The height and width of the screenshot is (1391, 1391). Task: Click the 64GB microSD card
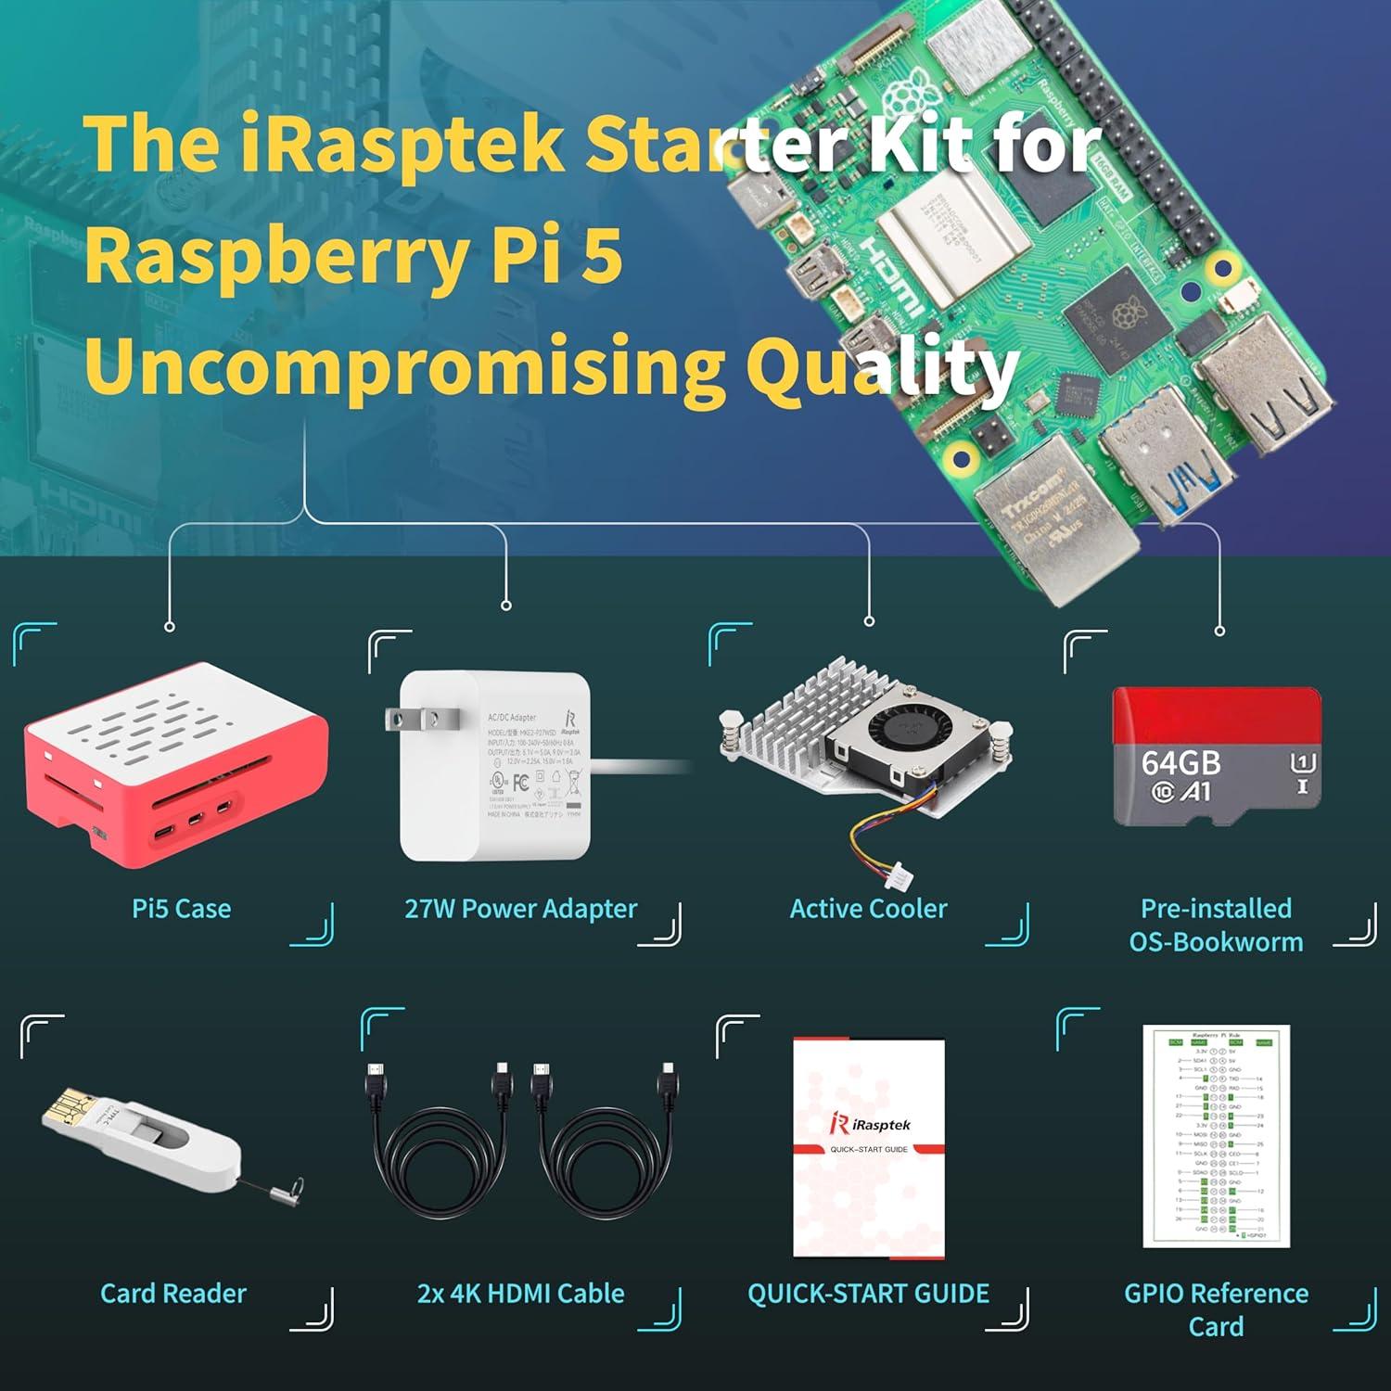(1216, 757)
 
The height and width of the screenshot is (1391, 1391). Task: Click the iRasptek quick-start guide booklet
(868, 1148)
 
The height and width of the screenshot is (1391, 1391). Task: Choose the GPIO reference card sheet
(1216, 1136)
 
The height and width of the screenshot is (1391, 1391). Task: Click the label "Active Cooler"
(868, 909)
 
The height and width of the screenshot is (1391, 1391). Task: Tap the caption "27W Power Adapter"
(520, 909)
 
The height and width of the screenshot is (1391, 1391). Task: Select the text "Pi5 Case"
(181, 909)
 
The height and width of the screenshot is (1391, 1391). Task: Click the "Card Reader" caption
(173, 1294)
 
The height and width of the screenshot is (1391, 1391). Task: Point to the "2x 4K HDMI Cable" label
(520, 1294)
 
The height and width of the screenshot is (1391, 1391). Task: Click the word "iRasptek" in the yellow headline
(399, 144)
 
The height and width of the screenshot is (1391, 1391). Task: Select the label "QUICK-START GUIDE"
(868, 1294)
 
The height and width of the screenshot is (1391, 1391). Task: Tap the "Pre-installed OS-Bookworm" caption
(1216, 925)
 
